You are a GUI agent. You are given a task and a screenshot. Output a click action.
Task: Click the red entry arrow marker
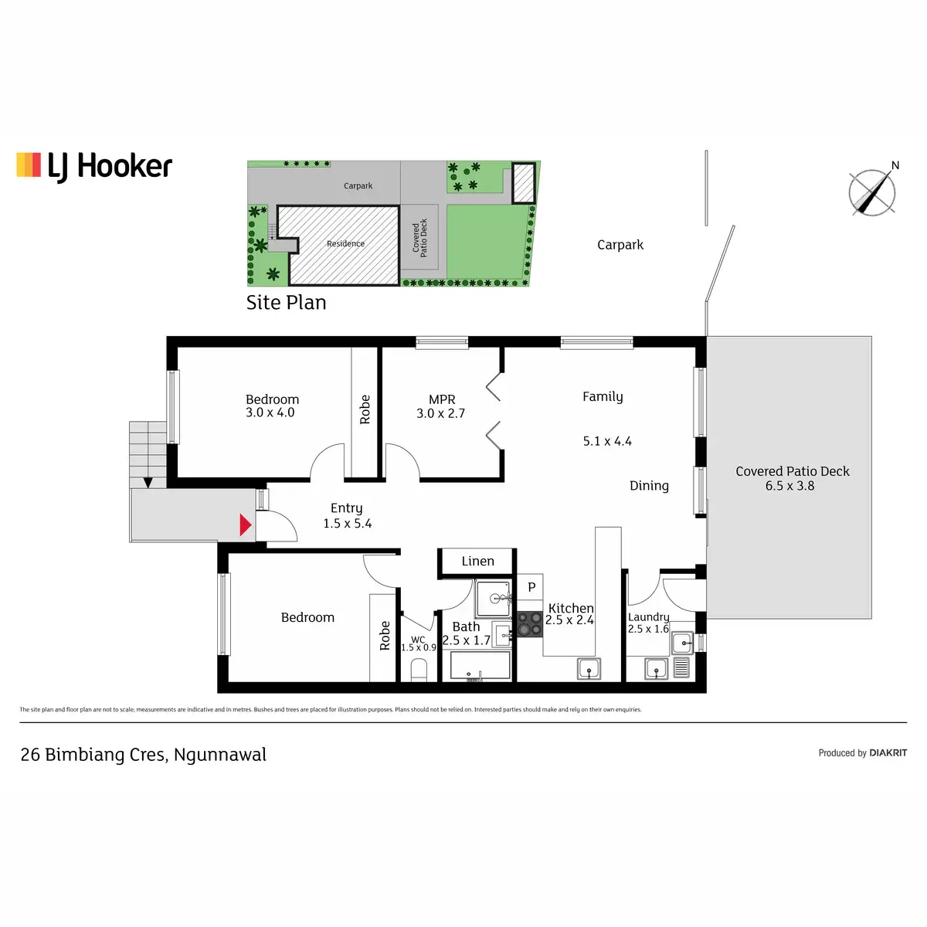pyautogui.click(x=245, y=525)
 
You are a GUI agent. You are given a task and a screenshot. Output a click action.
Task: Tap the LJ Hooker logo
pyautogui.click(x=94, y=166)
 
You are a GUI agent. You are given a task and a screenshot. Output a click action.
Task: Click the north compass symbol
pyautogui.click(x=873, y=192)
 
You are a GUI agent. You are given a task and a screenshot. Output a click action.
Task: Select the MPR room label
pyautogui.click(x=442, y=399)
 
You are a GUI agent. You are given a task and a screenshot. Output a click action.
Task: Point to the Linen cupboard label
pyautogui.click(x=477, y=562)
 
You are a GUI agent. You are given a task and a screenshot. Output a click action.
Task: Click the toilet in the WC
pyautogui.click(x=419, y=670)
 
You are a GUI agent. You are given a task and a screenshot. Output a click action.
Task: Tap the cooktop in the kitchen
pyautogui.click(x=530, y=624)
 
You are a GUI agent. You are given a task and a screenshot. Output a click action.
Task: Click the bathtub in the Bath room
pyautogui.click(x=480, y=666)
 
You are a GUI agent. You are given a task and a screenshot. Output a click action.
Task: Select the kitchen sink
pyautogui.click(x=589, y=669)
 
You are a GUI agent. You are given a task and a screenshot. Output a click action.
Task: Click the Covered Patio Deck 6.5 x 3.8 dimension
pyautogui.click(x=789, y=486)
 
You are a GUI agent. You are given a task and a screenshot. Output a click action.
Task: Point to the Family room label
pyautogui.click(x=603, y=396)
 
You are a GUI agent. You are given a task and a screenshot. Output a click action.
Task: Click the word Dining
pyautogui.click(x=649, y=486)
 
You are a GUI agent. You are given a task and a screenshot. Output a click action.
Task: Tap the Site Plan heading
pyautogui.click(x=286, y=303)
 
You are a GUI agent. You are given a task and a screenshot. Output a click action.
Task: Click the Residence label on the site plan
pyautogui.click(x=345, y=244)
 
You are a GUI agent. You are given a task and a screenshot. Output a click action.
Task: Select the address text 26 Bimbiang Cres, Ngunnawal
pyautogui.click(x=144, y=755)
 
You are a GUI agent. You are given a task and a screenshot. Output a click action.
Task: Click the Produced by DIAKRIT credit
pyautogui.click(x=862, y=753)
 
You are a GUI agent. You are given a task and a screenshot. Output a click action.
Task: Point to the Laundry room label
pyautogui.click(x=648, y=617)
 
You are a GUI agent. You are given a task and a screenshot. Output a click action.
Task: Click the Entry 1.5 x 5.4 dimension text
pyautogui.click(x=347, y=524)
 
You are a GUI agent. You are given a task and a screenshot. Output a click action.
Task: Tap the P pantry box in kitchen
pyautogui.click(x=531, y=587)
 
